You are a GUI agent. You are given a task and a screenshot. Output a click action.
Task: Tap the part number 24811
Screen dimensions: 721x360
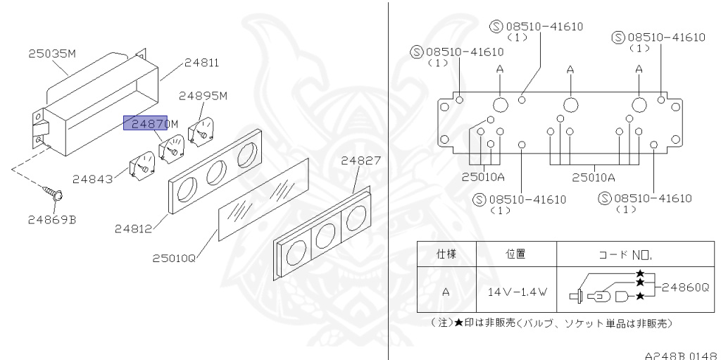coord(201,63)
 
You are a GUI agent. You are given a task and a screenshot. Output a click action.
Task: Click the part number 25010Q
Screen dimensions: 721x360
coord(173,259)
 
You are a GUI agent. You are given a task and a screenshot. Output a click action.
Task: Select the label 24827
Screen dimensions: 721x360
coord(361,161)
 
